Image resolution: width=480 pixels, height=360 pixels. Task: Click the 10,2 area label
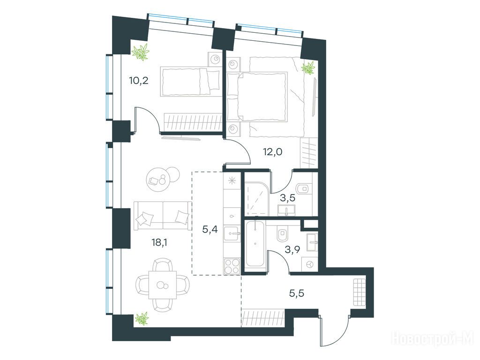[139, 81]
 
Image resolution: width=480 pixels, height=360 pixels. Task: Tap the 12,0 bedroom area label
[273, 151]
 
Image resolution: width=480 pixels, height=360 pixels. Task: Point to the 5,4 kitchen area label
[210, 229]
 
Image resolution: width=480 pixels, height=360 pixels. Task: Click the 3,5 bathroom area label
[288, 198]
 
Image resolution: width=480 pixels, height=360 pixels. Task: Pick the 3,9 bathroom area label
[292, 249]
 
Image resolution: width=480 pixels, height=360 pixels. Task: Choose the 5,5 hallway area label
[297, 294]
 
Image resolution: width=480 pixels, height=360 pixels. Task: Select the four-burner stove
[232, 266]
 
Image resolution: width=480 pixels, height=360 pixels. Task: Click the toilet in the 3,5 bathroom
[304, 188]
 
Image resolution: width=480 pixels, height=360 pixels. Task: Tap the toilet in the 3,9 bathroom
[282, 235]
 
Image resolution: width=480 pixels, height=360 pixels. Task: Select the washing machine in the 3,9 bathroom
[310, 264]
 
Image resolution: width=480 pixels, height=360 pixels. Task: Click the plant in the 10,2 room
[141, 52]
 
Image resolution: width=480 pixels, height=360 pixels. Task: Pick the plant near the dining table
[142, 319]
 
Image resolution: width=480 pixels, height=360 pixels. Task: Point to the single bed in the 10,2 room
[190, 82]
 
